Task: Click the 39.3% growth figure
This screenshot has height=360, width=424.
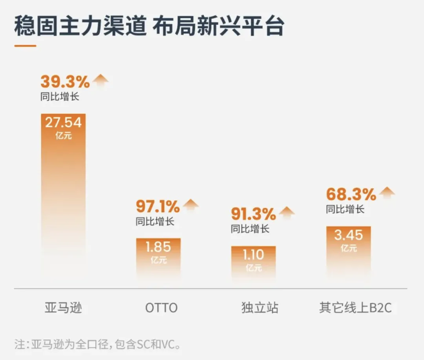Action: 65,82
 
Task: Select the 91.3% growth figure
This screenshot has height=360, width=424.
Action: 253,214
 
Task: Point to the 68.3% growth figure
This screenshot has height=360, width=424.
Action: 351,194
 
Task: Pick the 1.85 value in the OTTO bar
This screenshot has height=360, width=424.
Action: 158,247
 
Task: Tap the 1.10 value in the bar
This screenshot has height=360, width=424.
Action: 253,255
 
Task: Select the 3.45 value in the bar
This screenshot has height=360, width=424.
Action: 349,235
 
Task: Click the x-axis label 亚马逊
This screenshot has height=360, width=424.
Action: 63,308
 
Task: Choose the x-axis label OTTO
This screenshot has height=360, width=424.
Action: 161,308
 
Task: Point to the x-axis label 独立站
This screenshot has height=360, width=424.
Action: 260,308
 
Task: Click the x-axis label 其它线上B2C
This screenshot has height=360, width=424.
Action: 355,308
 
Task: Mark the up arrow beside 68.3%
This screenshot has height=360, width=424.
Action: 387,193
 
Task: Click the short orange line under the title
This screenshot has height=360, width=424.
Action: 25,46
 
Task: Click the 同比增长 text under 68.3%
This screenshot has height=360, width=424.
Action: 345,209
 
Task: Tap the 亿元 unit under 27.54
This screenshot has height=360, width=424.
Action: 64,136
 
